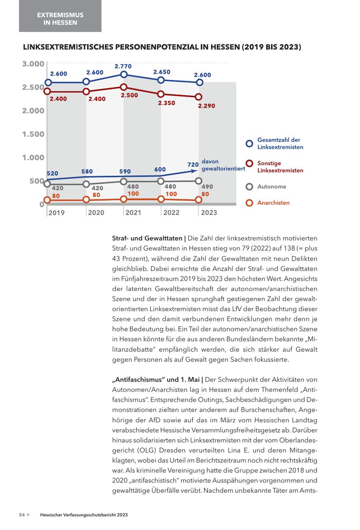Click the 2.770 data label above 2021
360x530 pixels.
[123, 66]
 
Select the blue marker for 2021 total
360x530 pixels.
[124, 74]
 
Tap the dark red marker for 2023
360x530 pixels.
[198, 97]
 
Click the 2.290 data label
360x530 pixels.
[207, 106]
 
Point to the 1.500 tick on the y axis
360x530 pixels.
[33, 134]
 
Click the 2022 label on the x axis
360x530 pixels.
[171, 213]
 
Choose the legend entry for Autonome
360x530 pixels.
[272, 187]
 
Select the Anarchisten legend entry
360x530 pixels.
[273, 203]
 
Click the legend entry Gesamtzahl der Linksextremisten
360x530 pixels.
[280, 143]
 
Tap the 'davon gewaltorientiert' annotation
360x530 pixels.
[223, 165]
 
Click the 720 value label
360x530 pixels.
[193, 165]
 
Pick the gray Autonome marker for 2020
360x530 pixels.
[86, 184]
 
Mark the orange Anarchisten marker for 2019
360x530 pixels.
[47, 200]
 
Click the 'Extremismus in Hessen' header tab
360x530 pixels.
[60, 19]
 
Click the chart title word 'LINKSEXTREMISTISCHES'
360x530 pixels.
[68, 47]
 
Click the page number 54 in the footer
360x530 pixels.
[22, 515]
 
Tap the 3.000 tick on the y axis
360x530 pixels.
[33, 64]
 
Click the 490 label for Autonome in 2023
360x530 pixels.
[207, 187]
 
